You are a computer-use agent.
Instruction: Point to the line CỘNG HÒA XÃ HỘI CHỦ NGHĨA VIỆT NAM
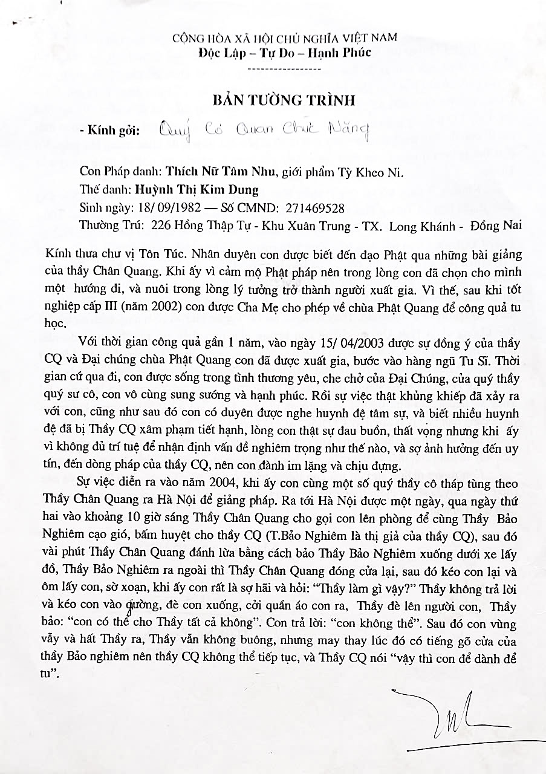point(285,37)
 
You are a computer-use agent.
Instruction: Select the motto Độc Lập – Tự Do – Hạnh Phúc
point(285,53)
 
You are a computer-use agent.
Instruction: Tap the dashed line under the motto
point(285,69)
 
